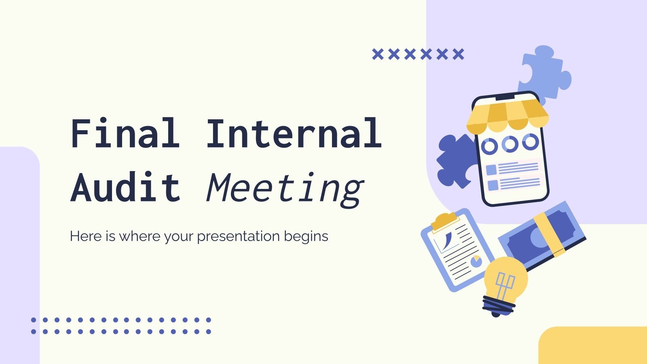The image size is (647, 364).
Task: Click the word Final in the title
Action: click(125, 133)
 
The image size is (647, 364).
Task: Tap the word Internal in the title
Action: click(294, 133)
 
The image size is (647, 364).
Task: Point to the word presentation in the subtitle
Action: click(238, 236)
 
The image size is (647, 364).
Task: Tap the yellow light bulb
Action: click(506, 277)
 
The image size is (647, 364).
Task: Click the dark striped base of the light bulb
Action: click(498, 305)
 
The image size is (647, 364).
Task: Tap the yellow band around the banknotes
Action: click(549, 235)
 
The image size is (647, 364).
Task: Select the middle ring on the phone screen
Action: click(510, 144)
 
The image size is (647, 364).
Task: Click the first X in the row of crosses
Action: click(377, 54)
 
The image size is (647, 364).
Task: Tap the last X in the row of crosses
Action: click(458, 54)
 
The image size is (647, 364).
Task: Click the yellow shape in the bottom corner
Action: click(593, 345)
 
